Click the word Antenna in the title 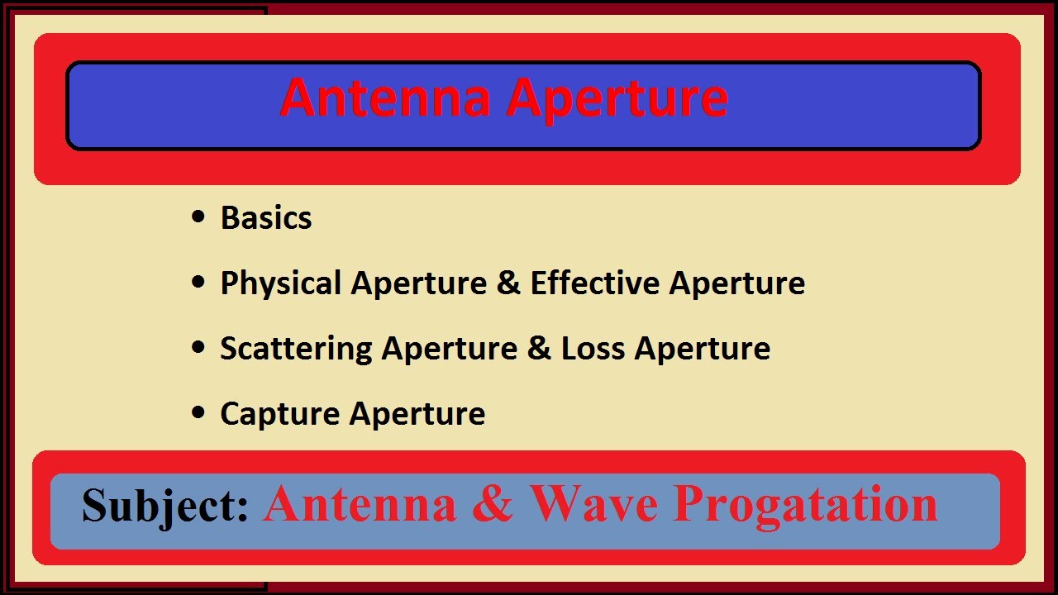[386, 98]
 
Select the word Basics [266, 218]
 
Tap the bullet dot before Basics [198, 217]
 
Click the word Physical [280, 283]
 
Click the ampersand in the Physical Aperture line [508, 283]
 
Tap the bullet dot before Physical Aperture [198, 283]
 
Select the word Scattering [296, 349]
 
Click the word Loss [593, 349]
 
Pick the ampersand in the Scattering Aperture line [538, 349]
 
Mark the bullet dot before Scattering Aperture [198, 348]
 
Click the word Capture [279, 414]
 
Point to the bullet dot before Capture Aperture [198, 413]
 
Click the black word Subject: [165, 506]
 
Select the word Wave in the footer [594, 503]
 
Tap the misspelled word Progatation [806, 503]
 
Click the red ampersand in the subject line [493, 503]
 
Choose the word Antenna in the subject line [360, 503]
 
